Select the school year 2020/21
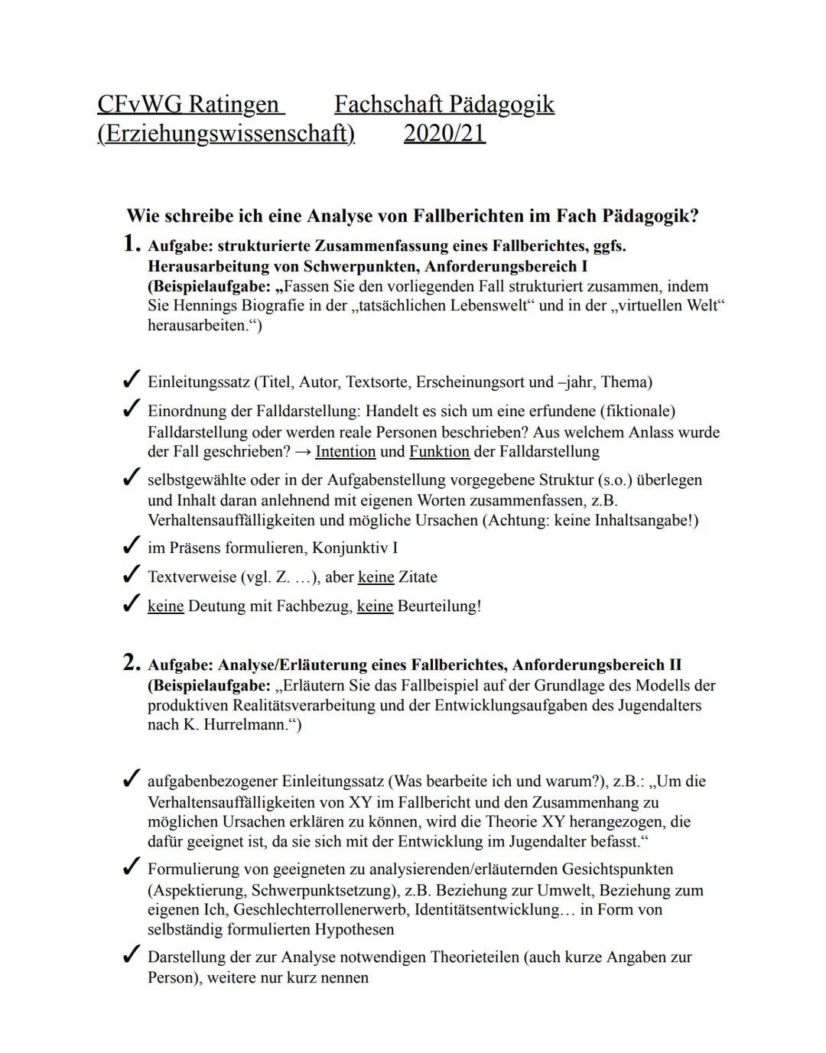[x=444, y=133]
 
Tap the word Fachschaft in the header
[x=390, y=105]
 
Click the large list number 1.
[x=132, y=244]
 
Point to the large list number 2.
[x=132, y=663]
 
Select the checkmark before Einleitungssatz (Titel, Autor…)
[x=131, y=380]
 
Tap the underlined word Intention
[x=345, y=451]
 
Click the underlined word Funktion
[x=439, y=451]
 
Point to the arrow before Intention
[x=303, y=451]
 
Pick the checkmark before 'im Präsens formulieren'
[x=131, y=547]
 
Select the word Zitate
[x=418, y=577]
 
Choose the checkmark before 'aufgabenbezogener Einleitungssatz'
[x=131, y=780]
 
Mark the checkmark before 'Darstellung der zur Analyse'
[x=131, y=955]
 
